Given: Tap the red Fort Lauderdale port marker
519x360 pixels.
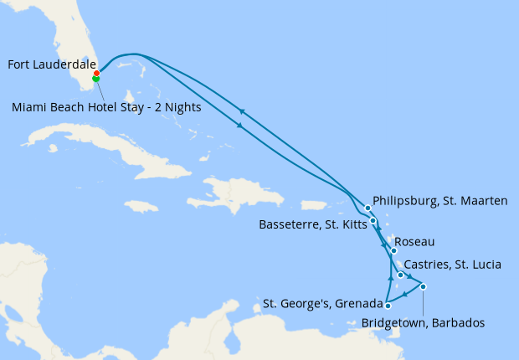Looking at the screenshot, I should pyautogui.click(x=97, y=73).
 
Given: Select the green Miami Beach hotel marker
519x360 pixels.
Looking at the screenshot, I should pyautogui.click(x=95, y=79).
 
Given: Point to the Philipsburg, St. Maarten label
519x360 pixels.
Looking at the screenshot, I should pyautogui.click(x=440, y=201).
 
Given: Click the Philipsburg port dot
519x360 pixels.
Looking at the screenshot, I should pyautogui.click(x=367, y=208).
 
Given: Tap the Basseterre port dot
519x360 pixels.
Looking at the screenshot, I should pyautogui.click(x=373, y=221).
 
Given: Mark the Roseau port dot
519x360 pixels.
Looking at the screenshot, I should pyautogui.click(x=393, y=250).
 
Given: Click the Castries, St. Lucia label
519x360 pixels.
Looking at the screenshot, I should pyautogui.click(x=452, y=265).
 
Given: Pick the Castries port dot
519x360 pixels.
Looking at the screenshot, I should pyautogui.click(x=401, y=274).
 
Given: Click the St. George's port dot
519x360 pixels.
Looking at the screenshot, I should pyautogui.click(x=388, y=306).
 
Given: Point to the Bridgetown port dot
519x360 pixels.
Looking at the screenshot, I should pyautogui.click(x=424, y=287).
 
